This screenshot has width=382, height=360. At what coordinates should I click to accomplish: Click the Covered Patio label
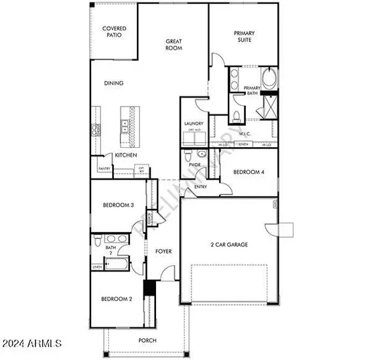point(115,32)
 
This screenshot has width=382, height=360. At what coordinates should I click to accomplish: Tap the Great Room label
point(174,44)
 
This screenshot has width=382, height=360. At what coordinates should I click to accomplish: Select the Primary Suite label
point(244,36)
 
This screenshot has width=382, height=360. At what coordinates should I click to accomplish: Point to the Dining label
point(115,83)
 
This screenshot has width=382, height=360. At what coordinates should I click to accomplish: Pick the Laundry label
point(194,124)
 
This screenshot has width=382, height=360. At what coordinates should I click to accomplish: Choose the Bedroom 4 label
point(248,172)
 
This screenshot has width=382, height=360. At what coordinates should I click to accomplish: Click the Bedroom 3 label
point(118,205)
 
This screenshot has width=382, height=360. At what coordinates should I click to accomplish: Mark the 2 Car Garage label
point(229,245)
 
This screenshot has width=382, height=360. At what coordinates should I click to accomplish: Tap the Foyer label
point(164,252)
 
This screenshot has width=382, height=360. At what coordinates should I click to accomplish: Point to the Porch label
point(148,340)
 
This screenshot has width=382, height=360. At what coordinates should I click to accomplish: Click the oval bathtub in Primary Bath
point(271,80)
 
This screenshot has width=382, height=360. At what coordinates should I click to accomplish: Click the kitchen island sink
point(126,126)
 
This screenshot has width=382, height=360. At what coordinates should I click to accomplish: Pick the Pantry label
point(104,168)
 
